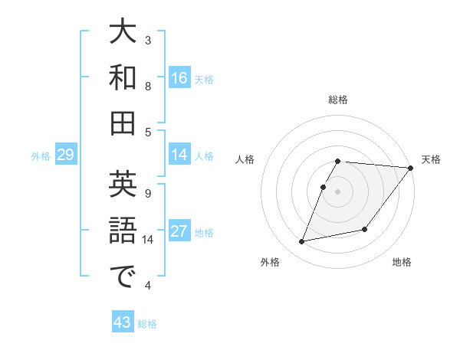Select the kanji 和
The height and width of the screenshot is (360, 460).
pos(123,77)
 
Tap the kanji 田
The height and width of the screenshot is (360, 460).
pos(123,123)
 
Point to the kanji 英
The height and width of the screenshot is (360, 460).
pos(123,185)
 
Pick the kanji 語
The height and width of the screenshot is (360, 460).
pos(123,231)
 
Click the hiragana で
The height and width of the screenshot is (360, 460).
pos(123,277)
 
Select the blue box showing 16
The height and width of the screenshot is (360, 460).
pos(179,78)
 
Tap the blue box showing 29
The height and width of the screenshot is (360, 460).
pos(65,155)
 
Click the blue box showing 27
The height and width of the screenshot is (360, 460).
pos(179,232)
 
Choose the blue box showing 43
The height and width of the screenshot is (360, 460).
pos(123,322)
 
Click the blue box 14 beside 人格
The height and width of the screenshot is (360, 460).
pos(179,155)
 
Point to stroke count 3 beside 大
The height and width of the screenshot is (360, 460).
pos(148,40)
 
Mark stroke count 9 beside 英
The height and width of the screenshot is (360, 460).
pos(148,193)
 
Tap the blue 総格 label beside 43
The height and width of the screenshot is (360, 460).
pos(147,324)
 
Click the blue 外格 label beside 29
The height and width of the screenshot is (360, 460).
pos(41,156)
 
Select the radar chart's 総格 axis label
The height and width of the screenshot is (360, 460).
pos(338,100)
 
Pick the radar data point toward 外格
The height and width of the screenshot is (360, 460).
pos(302,242)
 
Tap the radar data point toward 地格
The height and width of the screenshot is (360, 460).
pos(365,229)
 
